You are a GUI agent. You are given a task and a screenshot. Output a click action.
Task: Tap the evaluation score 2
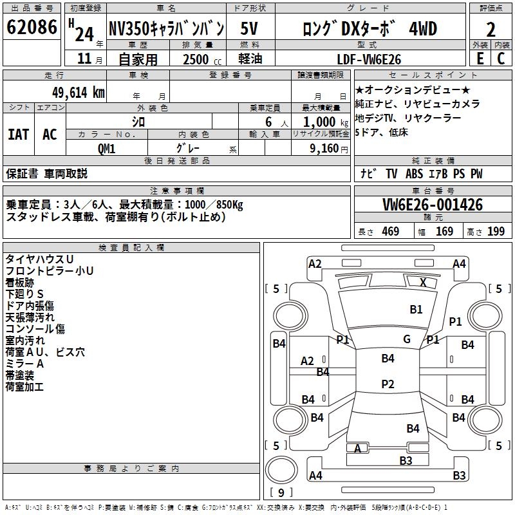pos(491,30)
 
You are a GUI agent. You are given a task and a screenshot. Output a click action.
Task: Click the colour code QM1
pos(106,149)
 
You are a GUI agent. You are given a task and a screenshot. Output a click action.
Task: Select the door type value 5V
pos(250,30)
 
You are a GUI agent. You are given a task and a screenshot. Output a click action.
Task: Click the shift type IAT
pos(18,134)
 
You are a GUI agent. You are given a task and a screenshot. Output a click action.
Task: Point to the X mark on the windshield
pos(423,282)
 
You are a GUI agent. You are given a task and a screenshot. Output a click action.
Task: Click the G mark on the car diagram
pos(406,339)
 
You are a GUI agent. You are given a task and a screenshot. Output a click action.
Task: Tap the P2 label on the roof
pos(387,384)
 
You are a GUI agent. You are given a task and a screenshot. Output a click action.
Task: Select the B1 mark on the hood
pos(416,310)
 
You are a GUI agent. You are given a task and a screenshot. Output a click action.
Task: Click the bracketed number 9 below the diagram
pos(281,492)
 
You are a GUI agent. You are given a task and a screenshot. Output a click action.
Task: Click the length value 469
pos(390,232)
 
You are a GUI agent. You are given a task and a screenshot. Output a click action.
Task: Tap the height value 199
pos(496,232)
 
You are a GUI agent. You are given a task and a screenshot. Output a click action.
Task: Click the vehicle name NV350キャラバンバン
pos(166,30)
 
